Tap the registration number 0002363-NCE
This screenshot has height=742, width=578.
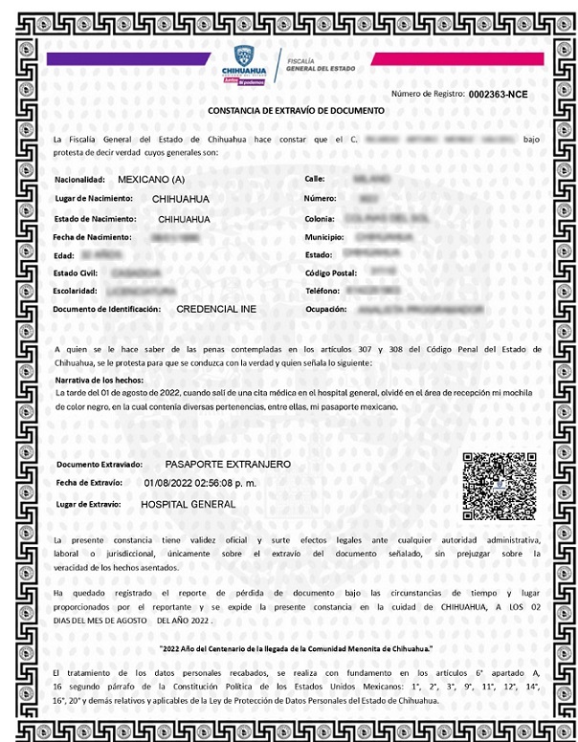(x=498, y=94)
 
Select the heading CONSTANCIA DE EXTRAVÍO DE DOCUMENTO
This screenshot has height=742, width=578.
(x=296, y=111)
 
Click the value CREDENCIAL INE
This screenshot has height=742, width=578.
(x=216, y=310)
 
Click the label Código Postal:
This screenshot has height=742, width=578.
(x=332, y=273)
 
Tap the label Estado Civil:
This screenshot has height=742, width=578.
(x=78, y=273)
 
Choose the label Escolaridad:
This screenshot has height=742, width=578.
(x=77, y=291)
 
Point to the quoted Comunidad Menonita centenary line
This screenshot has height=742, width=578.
(x=296, y=649)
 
